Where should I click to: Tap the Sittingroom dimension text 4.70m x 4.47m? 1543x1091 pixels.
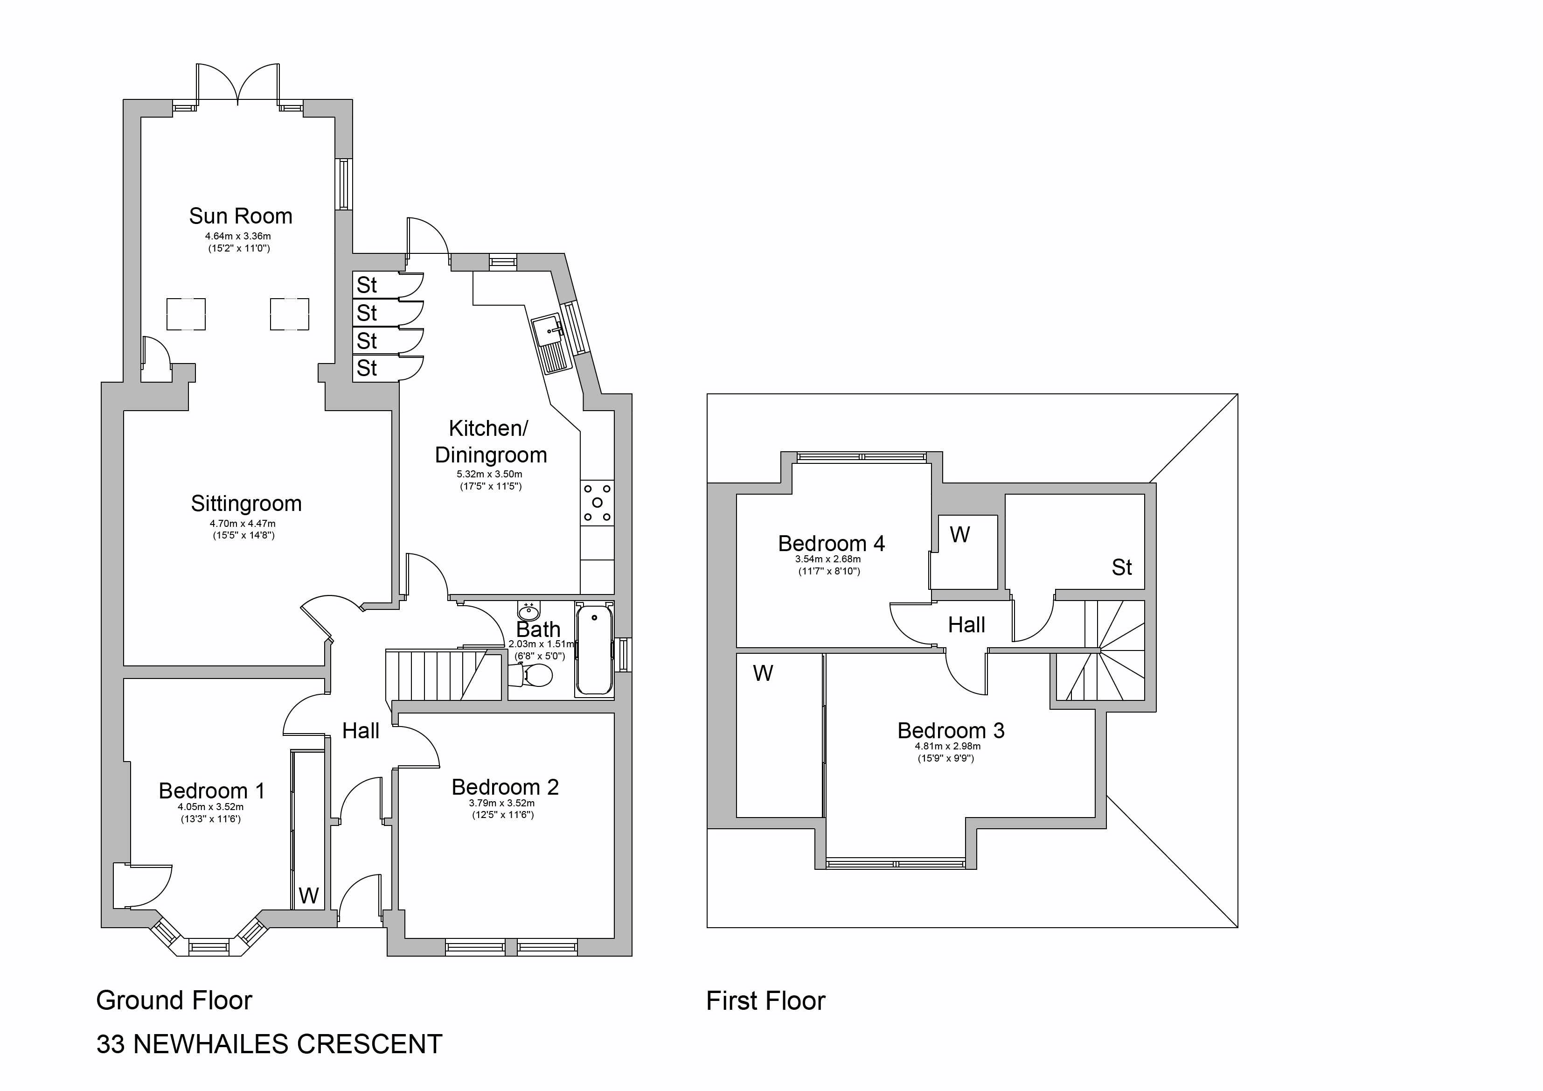coord(243,524)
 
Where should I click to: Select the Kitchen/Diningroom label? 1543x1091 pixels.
coord(491,441)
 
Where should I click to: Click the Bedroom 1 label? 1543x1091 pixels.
coord(212,790)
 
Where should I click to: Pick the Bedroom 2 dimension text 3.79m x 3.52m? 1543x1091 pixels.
coord(502,803)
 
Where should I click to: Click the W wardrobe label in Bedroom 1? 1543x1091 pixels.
coord(308,895)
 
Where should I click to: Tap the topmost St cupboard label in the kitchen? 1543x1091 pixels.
coord(367,285)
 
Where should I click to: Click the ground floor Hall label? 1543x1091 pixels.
coord(361,731)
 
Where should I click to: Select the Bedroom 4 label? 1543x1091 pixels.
coord(831,543)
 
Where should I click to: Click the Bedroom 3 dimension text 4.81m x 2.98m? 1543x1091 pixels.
coord(947,746)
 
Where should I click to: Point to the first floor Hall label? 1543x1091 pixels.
coord(966,625)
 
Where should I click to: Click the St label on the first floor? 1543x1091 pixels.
coord(1122,567)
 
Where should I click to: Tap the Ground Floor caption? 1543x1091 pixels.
coord(174,1000)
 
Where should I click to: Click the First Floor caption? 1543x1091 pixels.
coord(765,1001)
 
